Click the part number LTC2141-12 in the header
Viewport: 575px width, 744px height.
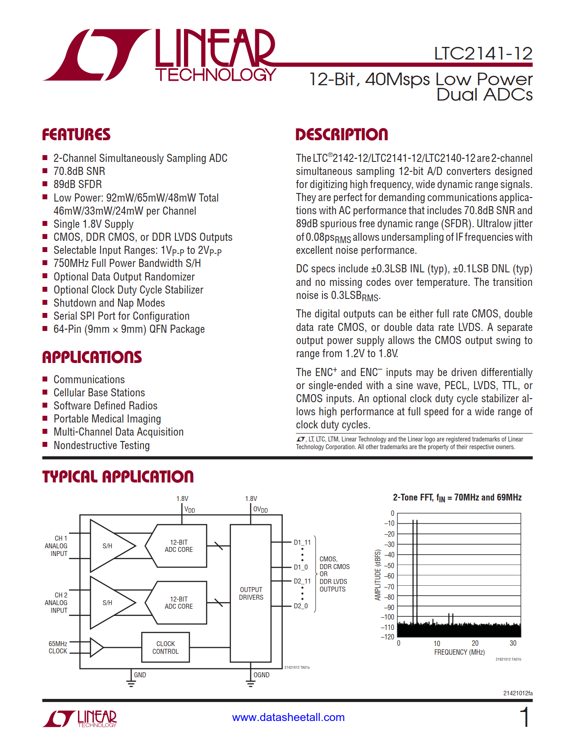(x=483, y=54)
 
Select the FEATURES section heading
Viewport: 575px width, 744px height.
(x=76, y=134)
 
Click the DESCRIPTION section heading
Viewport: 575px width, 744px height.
(x=341, y=134)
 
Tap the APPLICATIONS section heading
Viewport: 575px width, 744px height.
(x=92, y=357)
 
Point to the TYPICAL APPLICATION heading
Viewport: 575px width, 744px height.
(x=118, y=477)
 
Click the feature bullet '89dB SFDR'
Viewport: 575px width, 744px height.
(x=78, y=184)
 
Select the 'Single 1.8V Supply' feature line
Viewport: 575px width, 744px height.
(x=93, y=224)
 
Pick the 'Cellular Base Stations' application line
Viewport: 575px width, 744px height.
(x=99, y=393)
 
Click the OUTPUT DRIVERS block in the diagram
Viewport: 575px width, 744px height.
(x=251, y=593)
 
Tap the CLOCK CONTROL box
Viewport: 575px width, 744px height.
(x=166, y=648)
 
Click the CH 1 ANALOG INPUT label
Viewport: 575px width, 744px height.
(x=56, y=546)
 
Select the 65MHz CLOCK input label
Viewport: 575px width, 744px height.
(x=58, y=648)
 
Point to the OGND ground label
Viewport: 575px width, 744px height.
(x=262, y=675)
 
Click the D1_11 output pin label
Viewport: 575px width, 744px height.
(x=302, y=542)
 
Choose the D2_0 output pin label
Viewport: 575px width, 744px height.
(x=301, y=606)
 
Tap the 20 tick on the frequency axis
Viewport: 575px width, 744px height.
(x=475, y=643)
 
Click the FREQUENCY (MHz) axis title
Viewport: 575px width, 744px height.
(x=459, y=652)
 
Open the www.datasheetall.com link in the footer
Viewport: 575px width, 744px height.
(x=288, y=717)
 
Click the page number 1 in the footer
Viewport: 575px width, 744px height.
(x=525, y=717)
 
